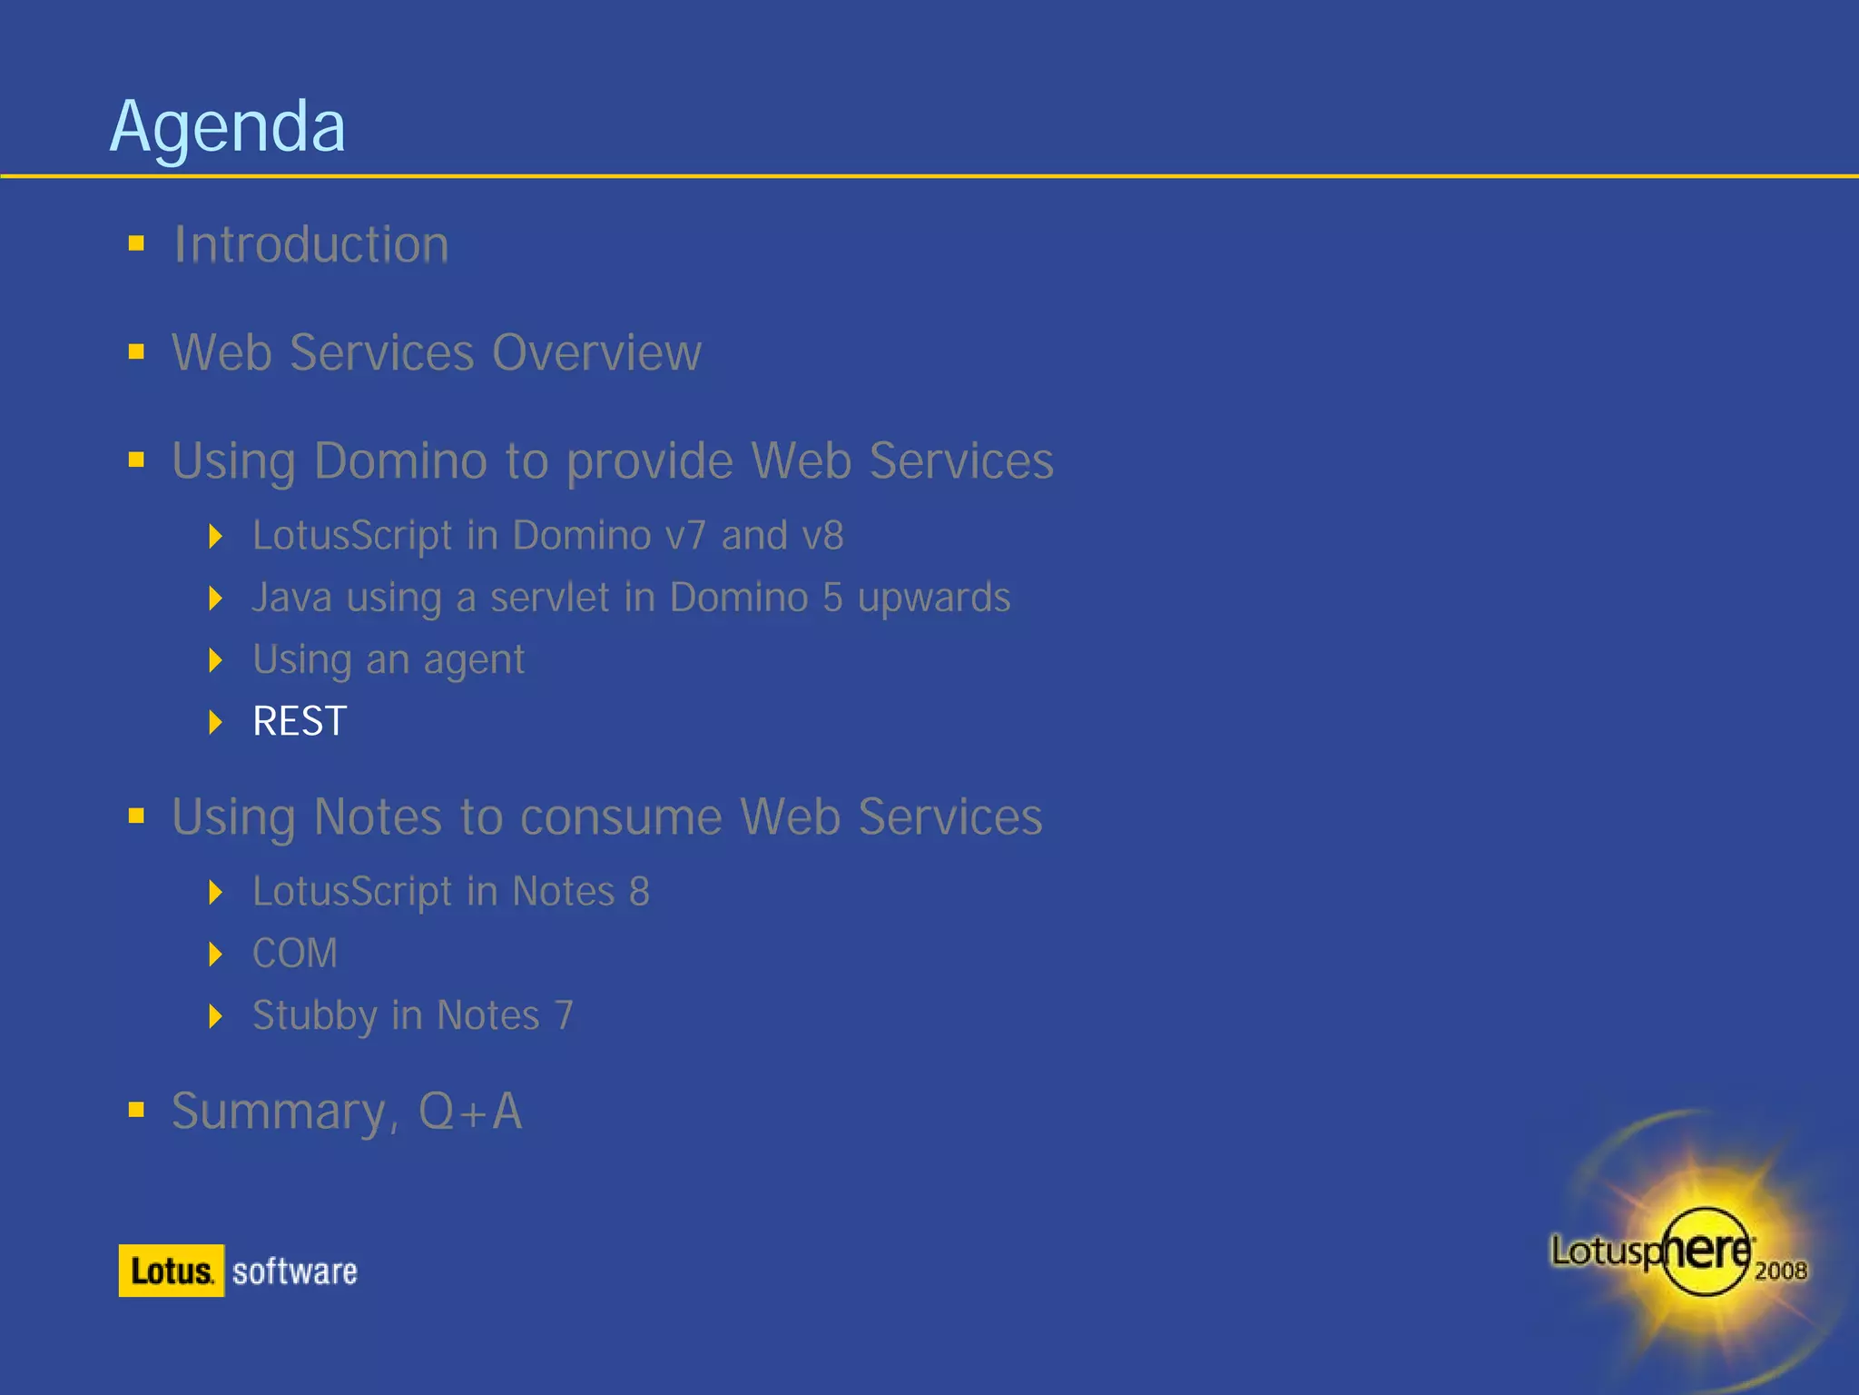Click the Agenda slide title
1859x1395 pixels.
(x=227, y=127)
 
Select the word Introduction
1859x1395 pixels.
(x=311, y=245)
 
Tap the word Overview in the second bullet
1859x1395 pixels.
(x=596, y=352)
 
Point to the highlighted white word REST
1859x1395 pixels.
(x=300, y=722)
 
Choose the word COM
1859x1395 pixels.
(x=295, y=954)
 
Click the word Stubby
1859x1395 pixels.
(x=314, y=1015)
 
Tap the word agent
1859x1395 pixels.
(x=474, y=660)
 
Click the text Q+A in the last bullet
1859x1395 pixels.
(x=470, y=1111)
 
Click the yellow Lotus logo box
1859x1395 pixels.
(x=172, y=1271)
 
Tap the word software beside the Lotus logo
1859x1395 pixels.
(x=295, y=1271)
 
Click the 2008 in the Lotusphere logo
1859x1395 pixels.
(x=1780, y=1271)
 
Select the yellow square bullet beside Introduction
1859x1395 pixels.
(x=137, y=243)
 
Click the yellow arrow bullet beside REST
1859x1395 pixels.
(x=215, y=722)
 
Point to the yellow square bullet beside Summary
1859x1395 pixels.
(x=137, y=1109)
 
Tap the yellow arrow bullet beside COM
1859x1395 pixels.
(x=215, y=954)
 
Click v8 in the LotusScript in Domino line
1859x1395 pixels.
(x=822, y=536)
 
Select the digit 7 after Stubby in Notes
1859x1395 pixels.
(x=564, y=1015)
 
